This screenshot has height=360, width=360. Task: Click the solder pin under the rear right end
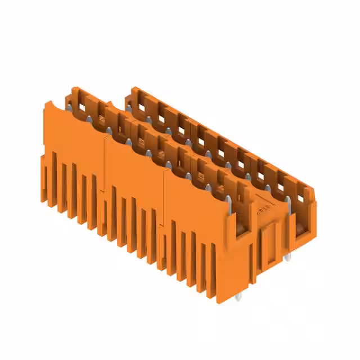[x=287, y=257]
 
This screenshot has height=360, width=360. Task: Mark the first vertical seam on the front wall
[x=105, y=169]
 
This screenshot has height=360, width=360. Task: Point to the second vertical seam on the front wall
[x=164, y=202]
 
